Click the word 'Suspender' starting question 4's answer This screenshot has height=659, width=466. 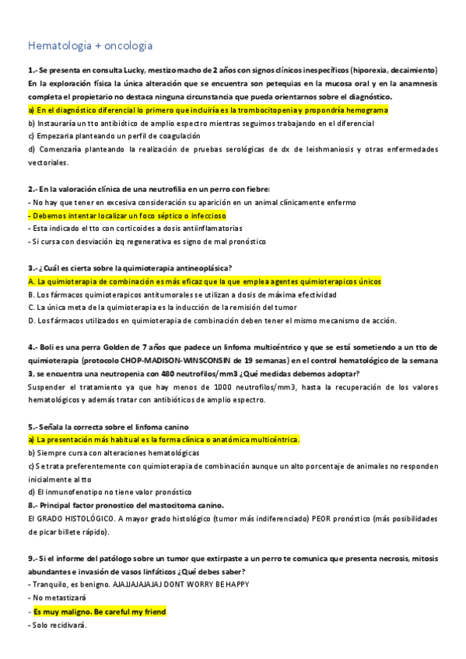[46, 386]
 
